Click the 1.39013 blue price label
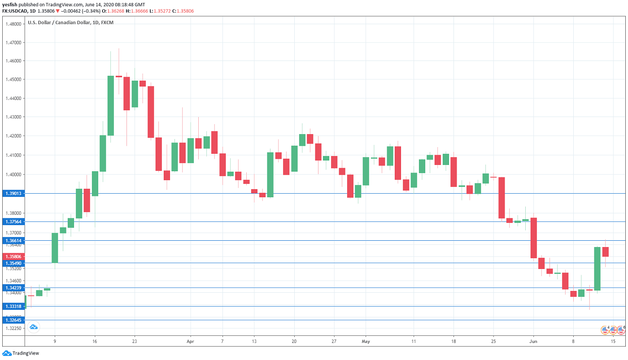(x=13, y=193)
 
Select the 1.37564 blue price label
(x=13, y=221)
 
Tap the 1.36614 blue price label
(x=13, y=241)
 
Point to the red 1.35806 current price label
(x=13, y=256)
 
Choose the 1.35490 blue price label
(x=13, y=263)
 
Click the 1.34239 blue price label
(x=13, y=287)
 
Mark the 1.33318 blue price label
(x=13, y=306)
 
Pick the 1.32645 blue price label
(x=13, y=320)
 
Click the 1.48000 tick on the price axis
(x=13, y=24)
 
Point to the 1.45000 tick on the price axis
(x=13, y=79)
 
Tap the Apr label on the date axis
(x=190, y=341)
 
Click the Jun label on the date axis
(x=534, y=341)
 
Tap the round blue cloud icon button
(x=33, y=327)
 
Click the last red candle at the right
(x=606, y=252)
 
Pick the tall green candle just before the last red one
(x=597, y=269)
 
